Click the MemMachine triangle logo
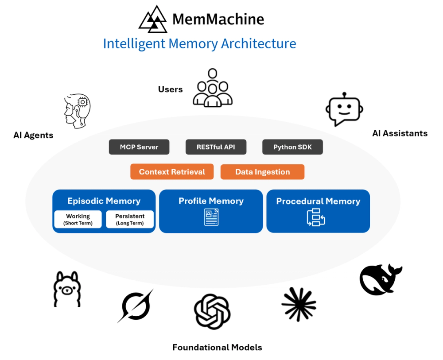pos(153,20)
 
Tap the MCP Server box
pos(139,147)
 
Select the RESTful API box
pos(216,147)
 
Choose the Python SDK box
pos(292,147)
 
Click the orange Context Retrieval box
pos(172,172)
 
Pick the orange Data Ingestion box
pos(262,172)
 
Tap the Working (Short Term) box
pos(78,219)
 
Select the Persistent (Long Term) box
pos(130,219)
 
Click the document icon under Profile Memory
pos(211,217)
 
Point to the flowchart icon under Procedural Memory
pos(316,217)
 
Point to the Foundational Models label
pos(217,347)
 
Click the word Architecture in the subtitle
pos(259,44)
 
